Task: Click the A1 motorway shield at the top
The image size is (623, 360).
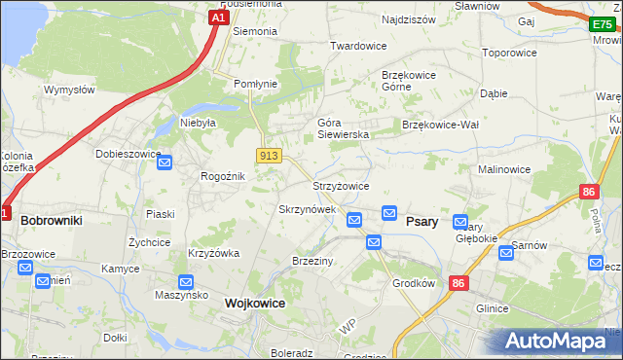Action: pyautogui.click(x=219, y=17)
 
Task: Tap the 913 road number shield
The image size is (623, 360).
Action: pyautogui.click(x=270, y=156)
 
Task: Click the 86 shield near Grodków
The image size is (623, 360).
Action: pyautogui.click(x=458, y=282)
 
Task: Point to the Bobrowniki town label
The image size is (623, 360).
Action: pyautogui.click(x=51, y=221)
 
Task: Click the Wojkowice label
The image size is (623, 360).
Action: pyautogui.click(x=255, y=303)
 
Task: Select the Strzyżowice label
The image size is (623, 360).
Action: pyautogui.click(x=340, y=186)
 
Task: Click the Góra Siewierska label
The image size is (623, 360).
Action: pyautogui.click(x=343, y=128)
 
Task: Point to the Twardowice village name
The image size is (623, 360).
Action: pyautogui.click(x=358, y=46)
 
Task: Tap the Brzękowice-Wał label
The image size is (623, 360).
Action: pyautogui.click(x=441, y=125)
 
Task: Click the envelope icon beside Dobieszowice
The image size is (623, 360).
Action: pyautogui.click(x=165, y=162)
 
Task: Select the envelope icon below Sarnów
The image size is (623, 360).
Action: pyautogui.click(x=506, y=253)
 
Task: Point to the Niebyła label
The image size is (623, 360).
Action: pyautogui.click(x=197, y=123)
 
